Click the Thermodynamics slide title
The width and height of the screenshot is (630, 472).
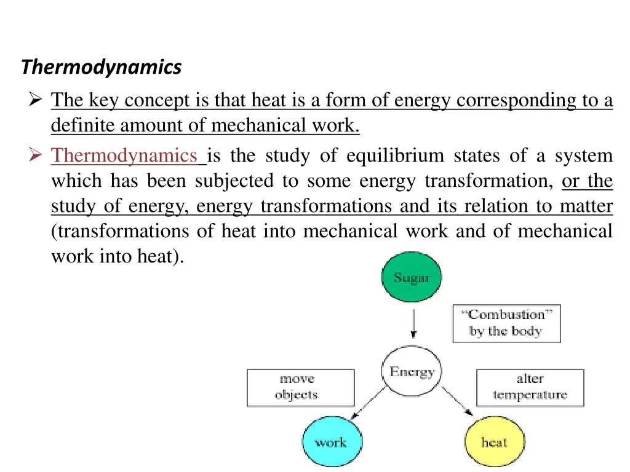[102, 66]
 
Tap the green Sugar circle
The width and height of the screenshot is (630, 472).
[412, 278]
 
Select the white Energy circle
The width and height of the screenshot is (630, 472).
[412, 372]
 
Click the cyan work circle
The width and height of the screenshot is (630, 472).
[332, 441]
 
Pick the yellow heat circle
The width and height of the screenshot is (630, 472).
[494, 441]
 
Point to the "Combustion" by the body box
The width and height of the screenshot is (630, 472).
[506, 323]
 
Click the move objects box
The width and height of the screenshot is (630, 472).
[300, 387]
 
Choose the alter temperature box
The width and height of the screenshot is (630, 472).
[530, 387]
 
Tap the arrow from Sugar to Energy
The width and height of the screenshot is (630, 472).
[413, 323]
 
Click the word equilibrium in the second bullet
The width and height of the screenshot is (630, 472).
[394, 156]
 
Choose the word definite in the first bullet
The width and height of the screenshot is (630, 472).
[83, 125]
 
